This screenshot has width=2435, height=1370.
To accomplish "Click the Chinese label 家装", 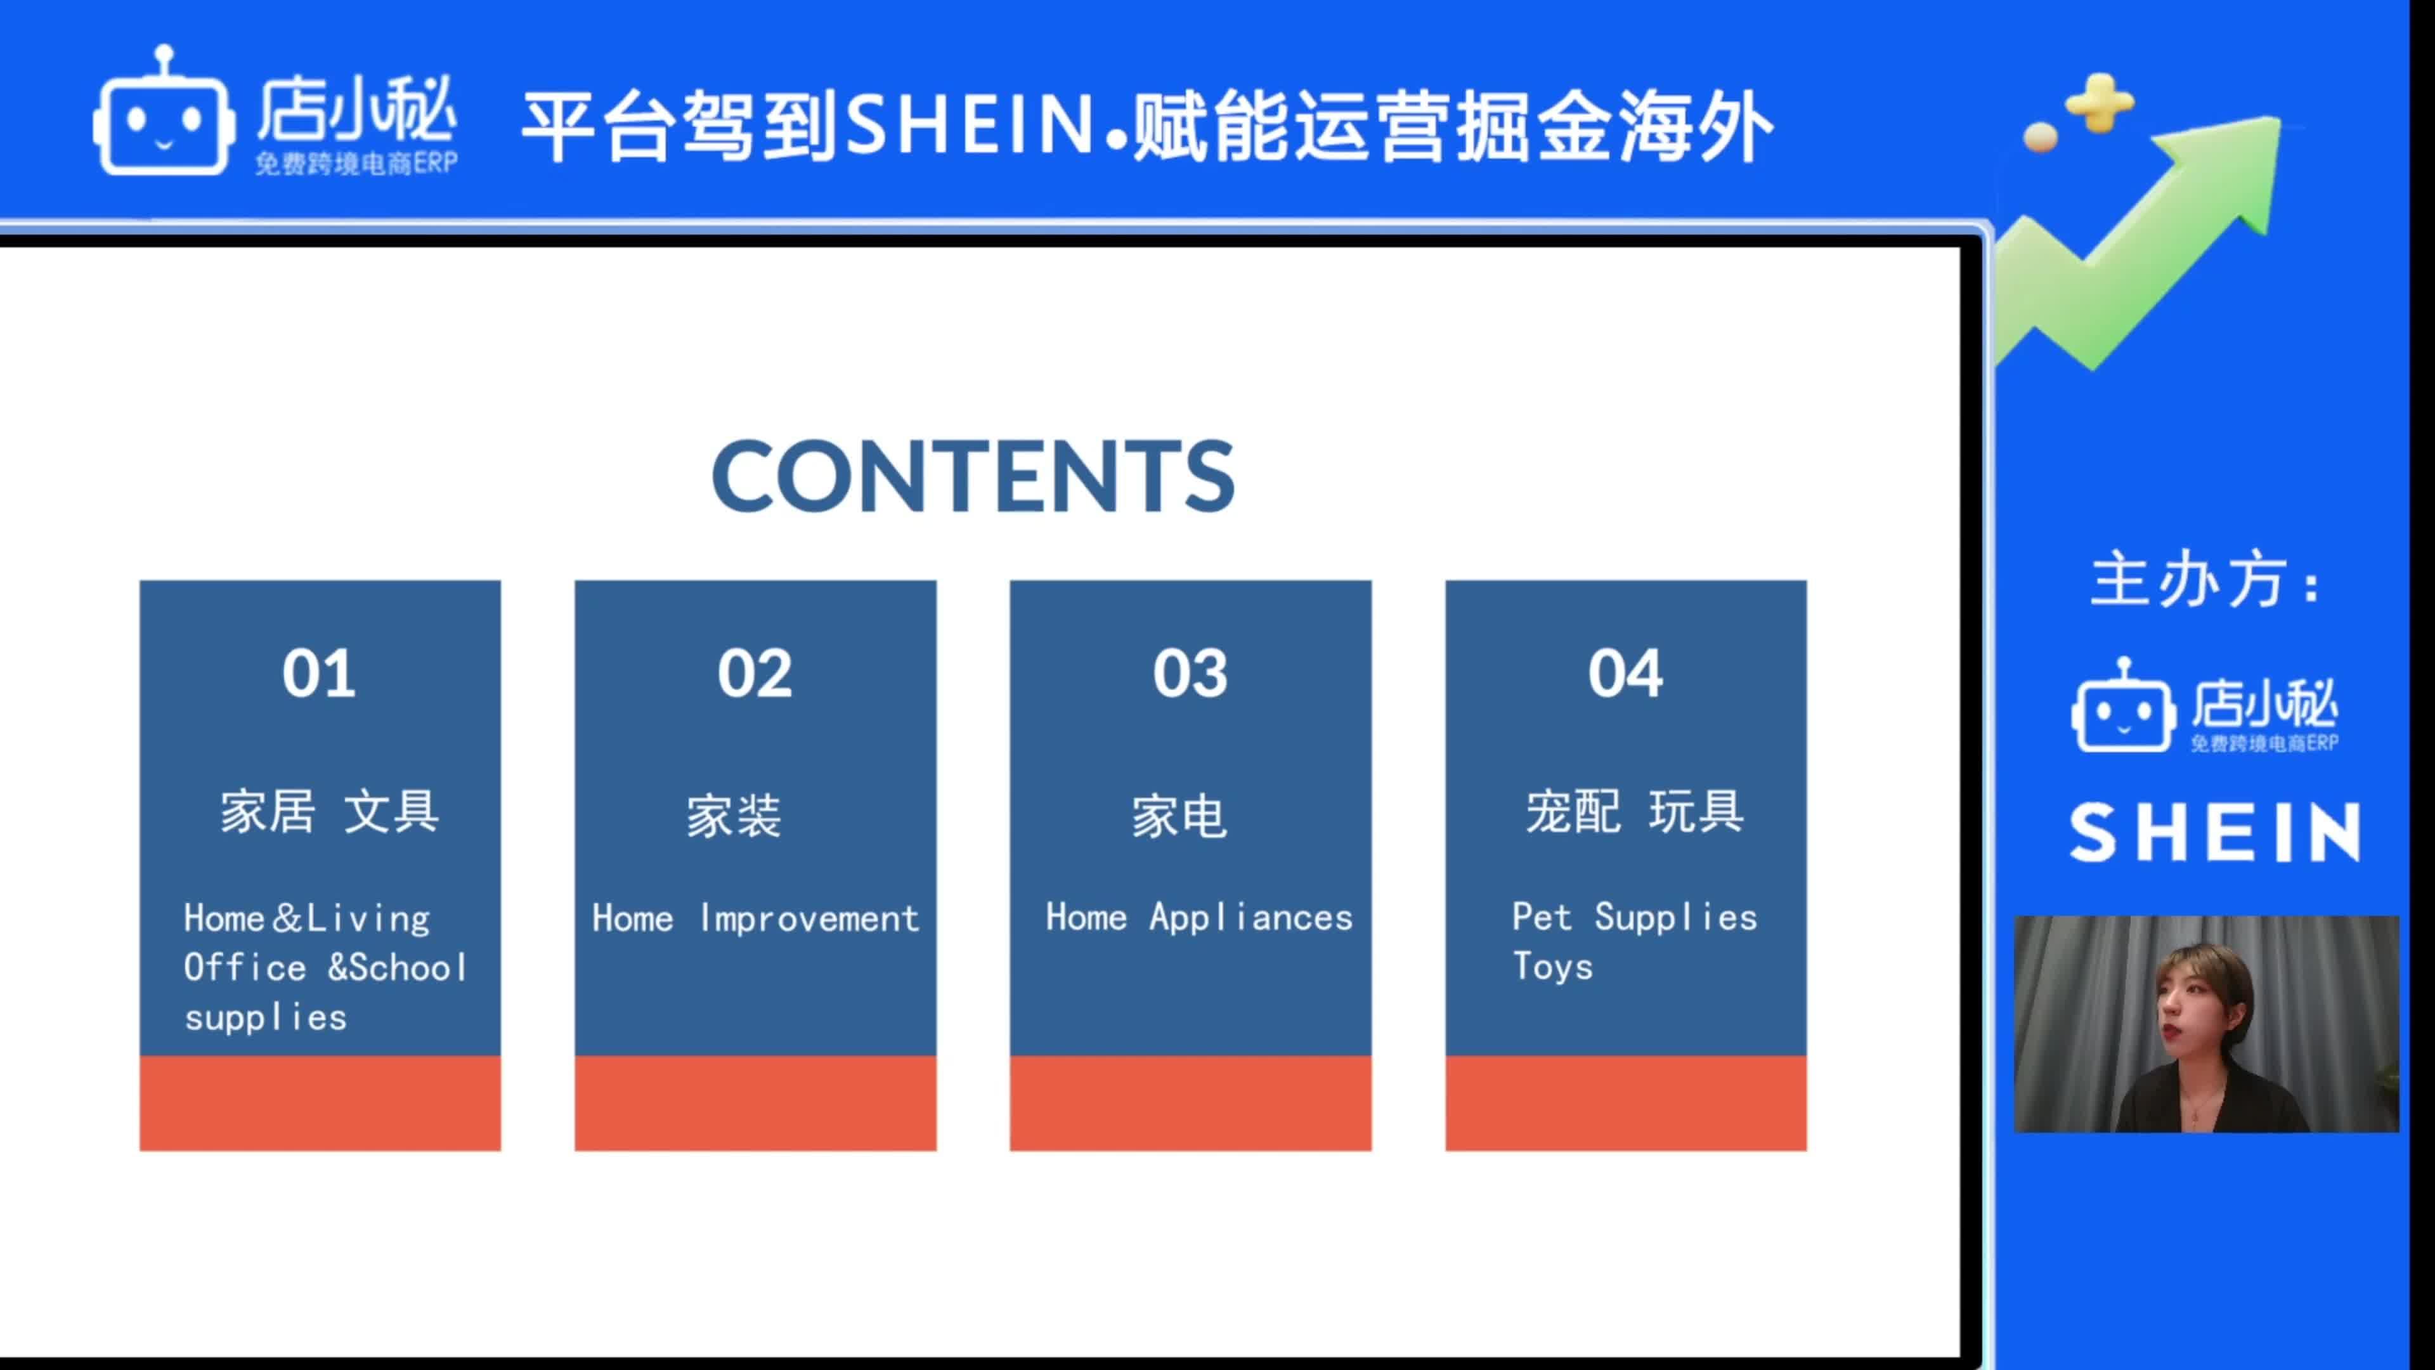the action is [734, 816].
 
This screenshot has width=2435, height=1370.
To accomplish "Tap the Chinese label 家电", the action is [1179, 816].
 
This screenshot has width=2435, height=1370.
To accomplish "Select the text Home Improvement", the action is [755, 918].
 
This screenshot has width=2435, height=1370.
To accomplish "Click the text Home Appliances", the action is [1198, 917].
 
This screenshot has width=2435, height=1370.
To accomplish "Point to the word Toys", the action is [1552, 966].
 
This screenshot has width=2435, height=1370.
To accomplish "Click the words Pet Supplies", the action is [1634, 917].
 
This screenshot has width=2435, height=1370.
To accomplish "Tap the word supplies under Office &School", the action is [266, 1018].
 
